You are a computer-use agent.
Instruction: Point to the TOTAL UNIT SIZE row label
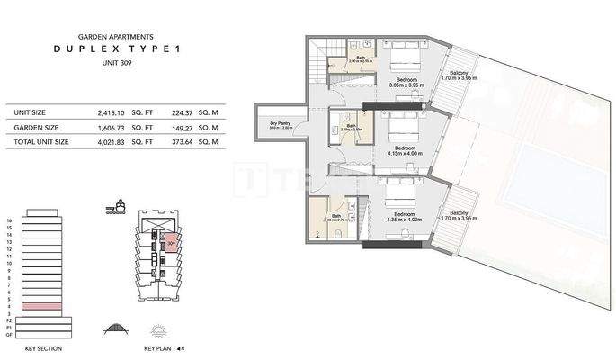[41, 142]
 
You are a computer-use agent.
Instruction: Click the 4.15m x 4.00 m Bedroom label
[405, 150]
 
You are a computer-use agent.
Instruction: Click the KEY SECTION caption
[43, 347]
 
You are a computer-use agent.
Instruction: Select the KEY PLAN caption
[157, 347]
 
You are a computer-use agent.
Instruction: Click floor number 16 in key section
[8, 220]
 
